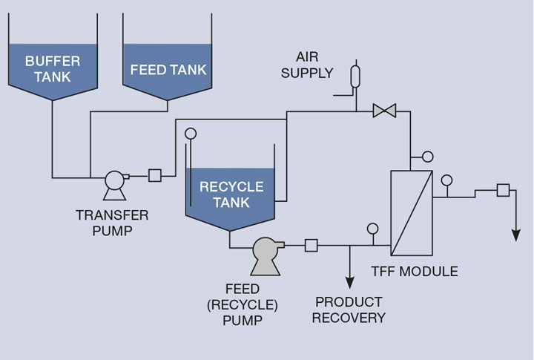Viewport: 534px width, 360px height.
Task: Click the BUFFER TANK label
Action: (x=53, y=68)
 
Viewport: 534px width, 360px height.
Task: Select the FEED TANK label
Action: (x=168, y=70)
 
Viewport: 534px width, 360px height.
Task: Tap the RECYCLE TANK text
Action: (x=231, y=194)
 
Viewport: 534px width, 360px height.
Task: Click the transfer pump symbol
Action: (x=114, y=182)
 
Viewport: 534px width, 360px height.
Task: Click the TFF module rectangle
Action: (x=412, y=212)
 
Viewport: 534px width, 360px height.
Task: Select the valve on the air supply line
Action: (x=384, y=111)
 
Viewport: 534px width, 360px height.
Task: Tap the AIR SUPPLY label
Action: (x=313, y=65)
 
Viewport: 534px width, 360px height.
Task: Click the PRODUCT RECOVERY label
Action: (x=349, y=310)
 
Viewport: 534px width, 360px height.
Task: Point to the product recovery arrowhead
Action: (x=349, y=283)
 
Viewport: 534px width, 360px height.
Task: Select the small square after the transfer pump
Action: (x=155, y=176)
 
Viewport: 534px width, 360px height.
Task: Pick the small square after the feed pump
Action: (x=311, y=245)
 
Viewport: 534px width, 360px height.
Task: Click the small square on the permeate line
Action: (x=503, y=190)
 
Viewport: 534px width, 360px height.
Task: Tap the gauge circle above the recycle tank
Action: (x=191, y=134)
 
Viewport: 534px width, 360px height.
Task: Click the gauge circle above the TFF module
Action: (x=427, y=157)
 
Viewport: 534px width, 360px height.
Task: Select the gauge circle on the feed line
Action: (x=372, y=229)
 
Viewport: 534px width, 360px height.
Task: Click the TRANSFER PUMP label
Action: (x=112, y=222)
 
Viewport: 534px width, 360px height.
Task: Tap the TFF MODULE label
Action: (x=415, y=271)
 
